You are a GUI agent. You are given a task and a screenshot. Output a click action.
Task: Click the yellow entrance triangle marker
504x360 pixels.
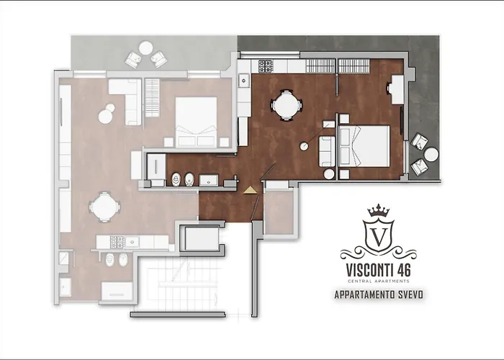[249, 190]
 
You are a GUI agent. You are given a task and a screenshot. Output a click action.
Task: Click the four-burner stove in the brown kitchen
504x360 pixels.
[265, 67]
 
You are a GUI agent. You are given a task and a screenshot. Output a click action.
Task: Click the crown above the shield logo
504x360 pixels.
[377, 212]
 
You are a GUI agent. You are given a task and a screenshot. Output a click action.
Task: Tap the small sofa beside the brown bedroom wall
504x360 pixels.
[326, 150]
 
